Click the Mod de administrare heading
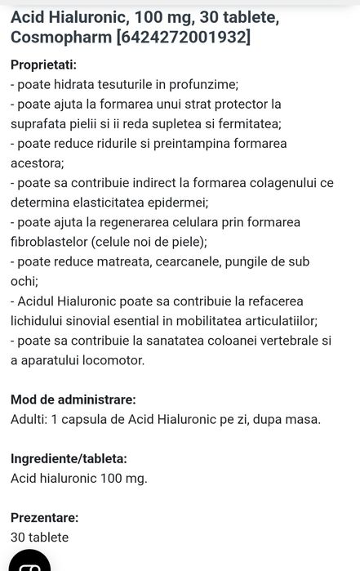tap(73, 399)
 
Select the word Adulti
tap(26, 420)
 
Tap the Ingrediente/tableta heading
tap(69, 459)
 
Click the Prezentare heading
tap(44, 518)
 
